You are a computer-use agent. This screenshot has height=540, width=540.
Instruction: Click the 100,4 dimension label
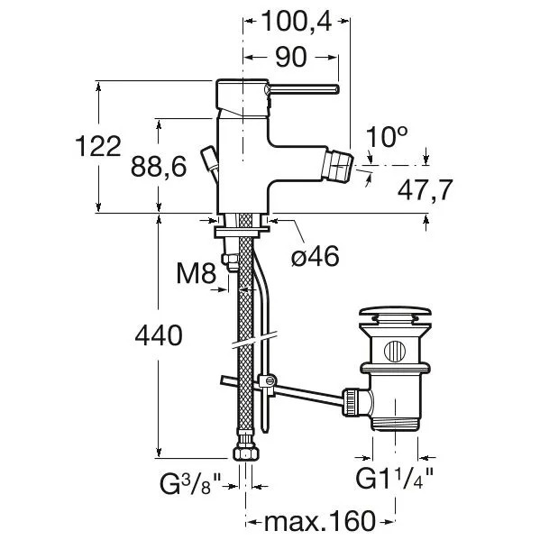click(297, 22)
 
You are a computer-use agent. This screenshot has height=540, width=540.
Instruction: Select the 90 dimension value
click(291, 57)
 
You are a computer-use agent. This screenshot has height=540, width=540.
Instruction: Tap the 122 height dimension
click(98, 146)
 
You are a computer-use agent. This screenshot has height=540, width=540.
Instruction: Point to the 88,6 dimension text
click(159, 167)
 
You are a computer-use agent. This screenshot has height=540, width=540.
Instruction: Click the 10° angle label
click(387, 136)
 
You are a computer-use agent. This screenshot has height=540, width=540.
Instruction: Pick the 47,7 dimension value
click(425, 189)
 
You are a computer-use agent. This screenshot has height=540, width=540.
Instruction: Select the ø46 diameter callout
click(316, 256)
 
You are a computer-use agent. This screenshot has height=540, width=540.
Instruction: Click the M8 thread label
click(197, 273)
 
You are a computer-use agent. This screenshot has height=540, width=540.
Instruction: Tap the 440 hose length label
click(159, 335)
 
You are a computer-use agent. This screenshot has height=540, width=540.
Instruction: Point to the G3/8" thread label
click(190, 483)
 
